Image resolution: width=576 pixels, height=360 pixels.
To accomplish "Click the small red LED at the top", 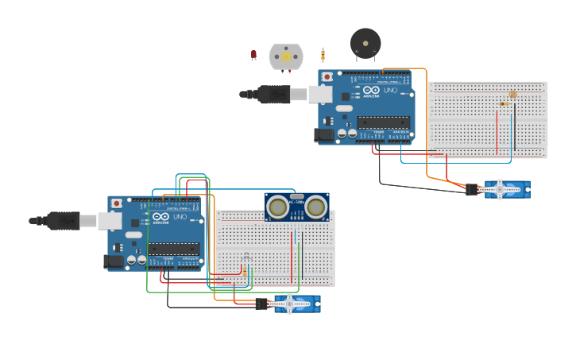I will (x=253, y=55).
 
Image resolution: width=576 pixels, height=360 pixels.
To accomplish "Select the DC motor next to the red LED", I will (x=286, y=56).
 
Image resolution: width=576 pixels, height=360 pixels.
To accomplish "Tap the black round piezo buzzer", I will (x=365, y=42).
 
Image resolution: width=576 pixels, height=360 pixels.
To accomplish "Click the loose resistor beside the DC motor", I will (x=323, y=55).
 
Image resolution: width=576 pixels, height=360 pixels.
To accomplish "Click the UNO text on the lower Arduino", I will (x=180, y=217).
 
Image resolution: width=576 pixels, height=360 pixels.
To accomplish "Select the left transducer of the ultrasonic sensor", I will (x=277, y=207).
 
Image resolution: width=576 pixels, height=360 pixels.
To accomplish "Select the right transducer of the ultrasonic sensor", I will (x=316, y=207).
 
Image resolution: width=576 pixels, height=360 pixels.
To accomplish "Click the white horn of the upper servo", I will (x=501, y=189).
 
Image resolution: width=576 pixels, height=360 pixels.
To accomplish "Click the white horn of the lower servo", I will (x=291, y=303).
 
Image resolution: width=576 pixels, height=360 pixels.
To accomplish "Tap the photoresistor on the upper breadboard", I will (x=512, y=95).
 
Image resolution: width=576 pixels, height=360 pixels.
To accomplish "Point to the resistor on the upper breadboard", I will (x=502, y=103).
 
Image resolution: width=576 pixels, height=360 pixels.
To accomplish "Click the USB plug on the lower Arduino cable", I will (x=63, y=220).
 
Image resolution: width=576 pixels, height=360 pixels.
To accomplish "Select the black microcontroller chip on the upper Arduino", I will (x=383, y=122).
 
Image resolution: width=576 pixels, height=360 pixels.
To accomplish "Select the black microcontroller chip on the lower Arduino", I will (x=173, y=249).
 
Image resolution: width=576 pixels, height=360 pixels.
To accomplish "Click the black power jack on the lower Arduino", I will (x=114, y=261).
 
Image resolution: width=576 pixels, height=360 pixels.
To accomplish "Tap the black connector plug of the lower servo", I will (x=261, y=304).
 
